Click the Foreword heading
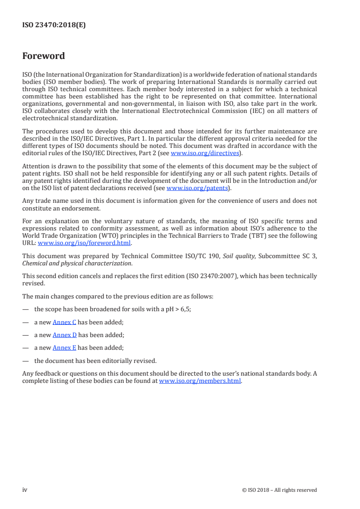[44, 56]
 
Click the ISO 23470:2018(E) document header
[54, 25]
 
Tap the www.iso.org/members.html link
[200, 381]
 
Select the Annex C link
[64, 322]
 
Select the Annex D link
[64, 335]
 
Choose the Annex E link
[64, 348]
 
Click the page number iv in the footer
[25, 489]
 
